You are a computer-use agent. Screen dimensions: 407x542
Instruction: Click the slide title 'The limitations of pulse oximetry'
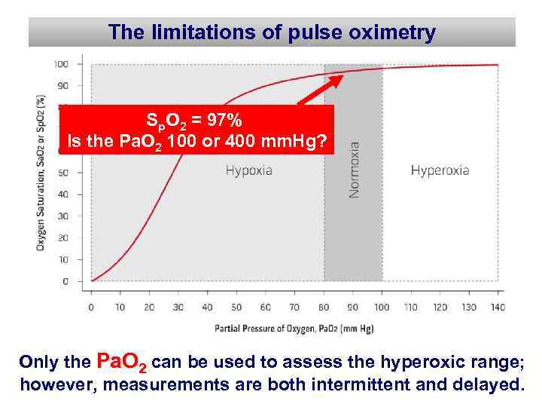pyautogui.click(x=272, y=32)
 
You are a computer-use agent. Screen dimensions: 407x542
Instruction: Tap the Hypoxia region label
pyautogui.click(x=249, y=170)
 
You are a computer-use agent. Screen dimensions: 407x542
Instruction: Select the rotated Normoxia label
pyautogui.click(x=354, y=170)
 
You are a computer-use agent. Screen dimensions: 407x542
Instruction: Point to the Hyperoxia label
pyautogui.click(x=440, y=170)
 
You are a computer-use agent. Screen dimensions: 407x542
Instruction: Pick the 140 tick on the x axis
pyautogui.click(x=498, y=308)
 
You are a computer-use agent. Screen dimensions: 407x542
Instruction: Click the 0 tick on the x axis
pyautogui.click(x=91, y=308)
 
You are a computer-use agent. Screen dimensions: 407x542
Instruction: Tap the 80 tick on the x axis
pyautogui.click(x=324, y=308)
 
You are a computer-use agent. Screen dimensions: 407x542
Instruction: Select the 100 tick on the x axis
pyautogui.click(x=382, y=308)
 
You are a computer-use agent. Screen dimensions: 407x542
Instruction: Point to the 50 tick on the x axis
pyautogui.click(x=236, y=308)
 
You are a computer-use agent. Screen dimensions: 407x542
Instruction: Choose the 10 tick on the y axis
pyautogui.click(x=64, y=260)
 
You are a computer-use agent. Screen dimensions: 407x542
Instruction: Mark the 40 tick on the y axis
pyautogui.click(x=64, y=194)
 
